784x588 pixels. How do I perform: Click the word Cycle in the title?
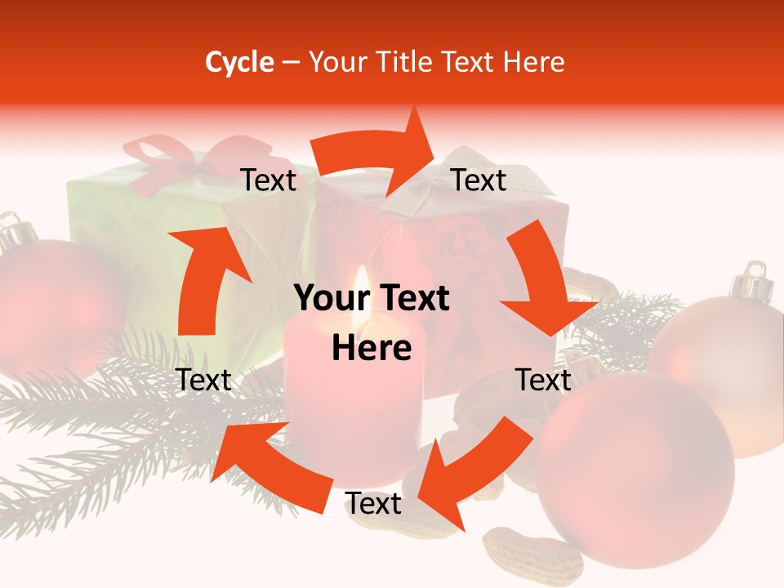(238, 62)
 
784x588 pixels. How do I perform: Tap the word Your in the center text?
(327, 299)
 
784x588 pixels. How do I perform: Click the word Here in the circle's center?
(372, 348)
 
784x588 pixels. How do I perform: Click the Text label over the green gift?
(269, 180)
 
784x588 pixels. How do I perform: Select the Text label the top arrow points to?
(479, 180)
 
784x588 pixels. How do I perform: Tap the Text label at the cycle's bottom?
(373, 504)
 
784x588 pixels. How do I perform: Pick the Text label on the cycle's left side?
(203, 380)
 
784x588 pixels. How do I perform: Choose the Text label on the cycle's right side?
(543, 380)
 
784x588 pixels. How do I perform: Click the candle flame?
(362, 290)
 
